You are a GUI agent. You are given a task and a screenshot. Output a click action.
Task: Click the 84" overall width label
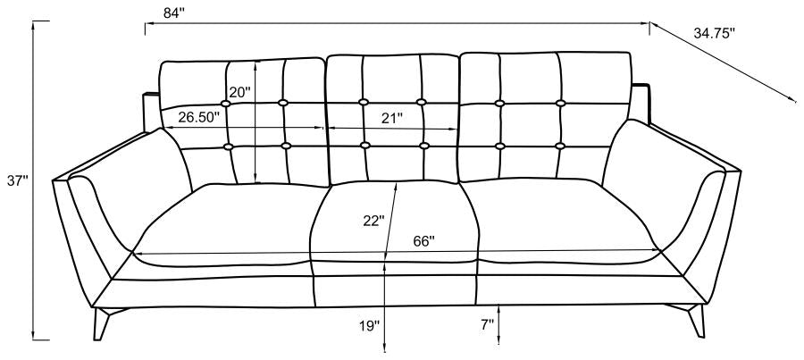174,14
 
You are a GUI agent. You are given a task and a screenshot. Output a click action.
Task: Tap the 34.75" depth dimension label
715,33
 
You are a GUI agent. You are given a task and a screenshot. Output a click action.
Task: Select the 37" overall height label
16,180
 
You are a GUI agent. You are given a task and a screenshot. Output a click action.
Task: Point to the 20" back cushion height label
239,92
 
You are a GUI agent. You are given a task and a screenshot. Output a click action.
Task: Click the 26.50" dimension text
199,116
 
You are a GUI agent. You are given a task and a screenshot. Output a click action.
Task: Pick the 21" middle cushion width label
392,119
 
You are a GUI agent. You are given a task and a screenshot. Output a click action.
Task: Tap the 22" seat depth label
373,221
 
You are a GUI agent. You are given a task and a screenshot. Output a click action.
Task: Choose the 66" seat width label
424,241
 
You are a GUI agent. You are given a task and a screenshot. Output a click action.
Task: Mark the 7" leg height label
487,323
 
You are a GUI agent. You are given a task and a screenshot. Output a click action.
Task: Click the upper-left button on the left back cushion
226,103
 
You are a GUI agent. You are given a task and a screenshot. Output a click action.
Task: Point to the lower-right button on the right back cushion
560,147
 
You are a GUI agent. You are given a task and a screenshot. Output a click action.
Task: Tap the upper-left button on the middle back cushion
364,102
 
